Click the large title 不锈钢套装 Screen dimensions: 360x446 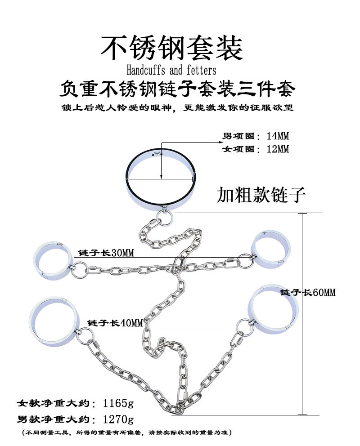click(x=171, y=48)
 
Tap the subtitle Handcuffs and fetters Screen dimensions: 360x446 click(x=171, y=71)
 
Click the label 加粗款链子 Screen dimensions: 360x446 click(x=261, y=195)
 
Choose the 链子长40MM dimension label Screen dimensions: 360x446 click(x=115, y=323)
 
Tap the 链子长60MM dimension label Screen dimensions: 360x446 click(x=307, y=293)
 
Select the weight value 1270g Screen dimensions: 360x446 click(x=116, y=420)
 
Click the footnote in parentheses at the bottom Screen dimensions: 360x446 click(x=126, y=433)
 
